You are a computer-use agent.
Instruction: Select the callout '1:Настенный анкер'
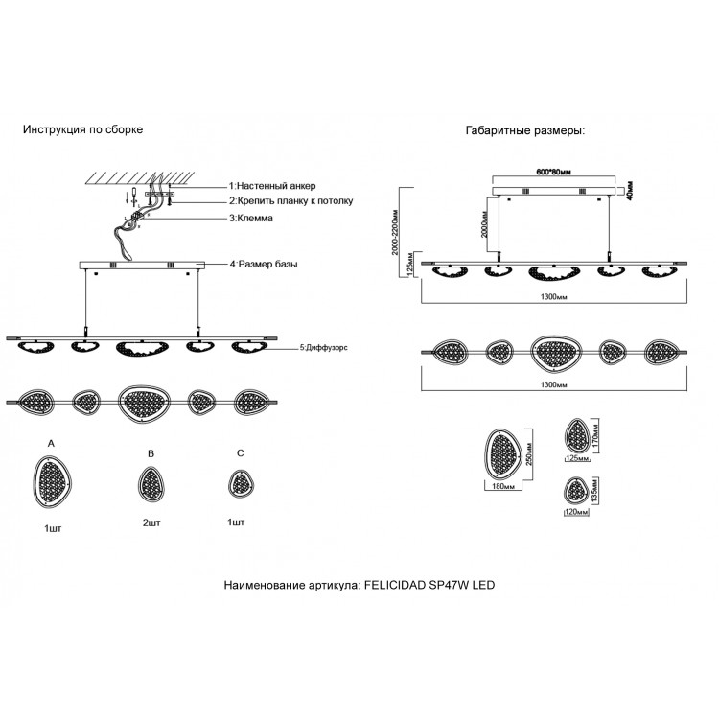(271, 185)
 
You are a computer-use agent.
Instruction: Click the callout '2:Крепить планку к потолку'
(290, 201)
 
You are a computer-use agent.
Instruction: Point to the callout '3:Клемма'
(251, 219)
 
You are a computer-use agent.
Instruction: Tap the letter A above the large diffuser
(51, 442)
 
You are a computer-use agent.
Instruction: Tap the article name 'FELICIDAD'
(402, 584)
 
